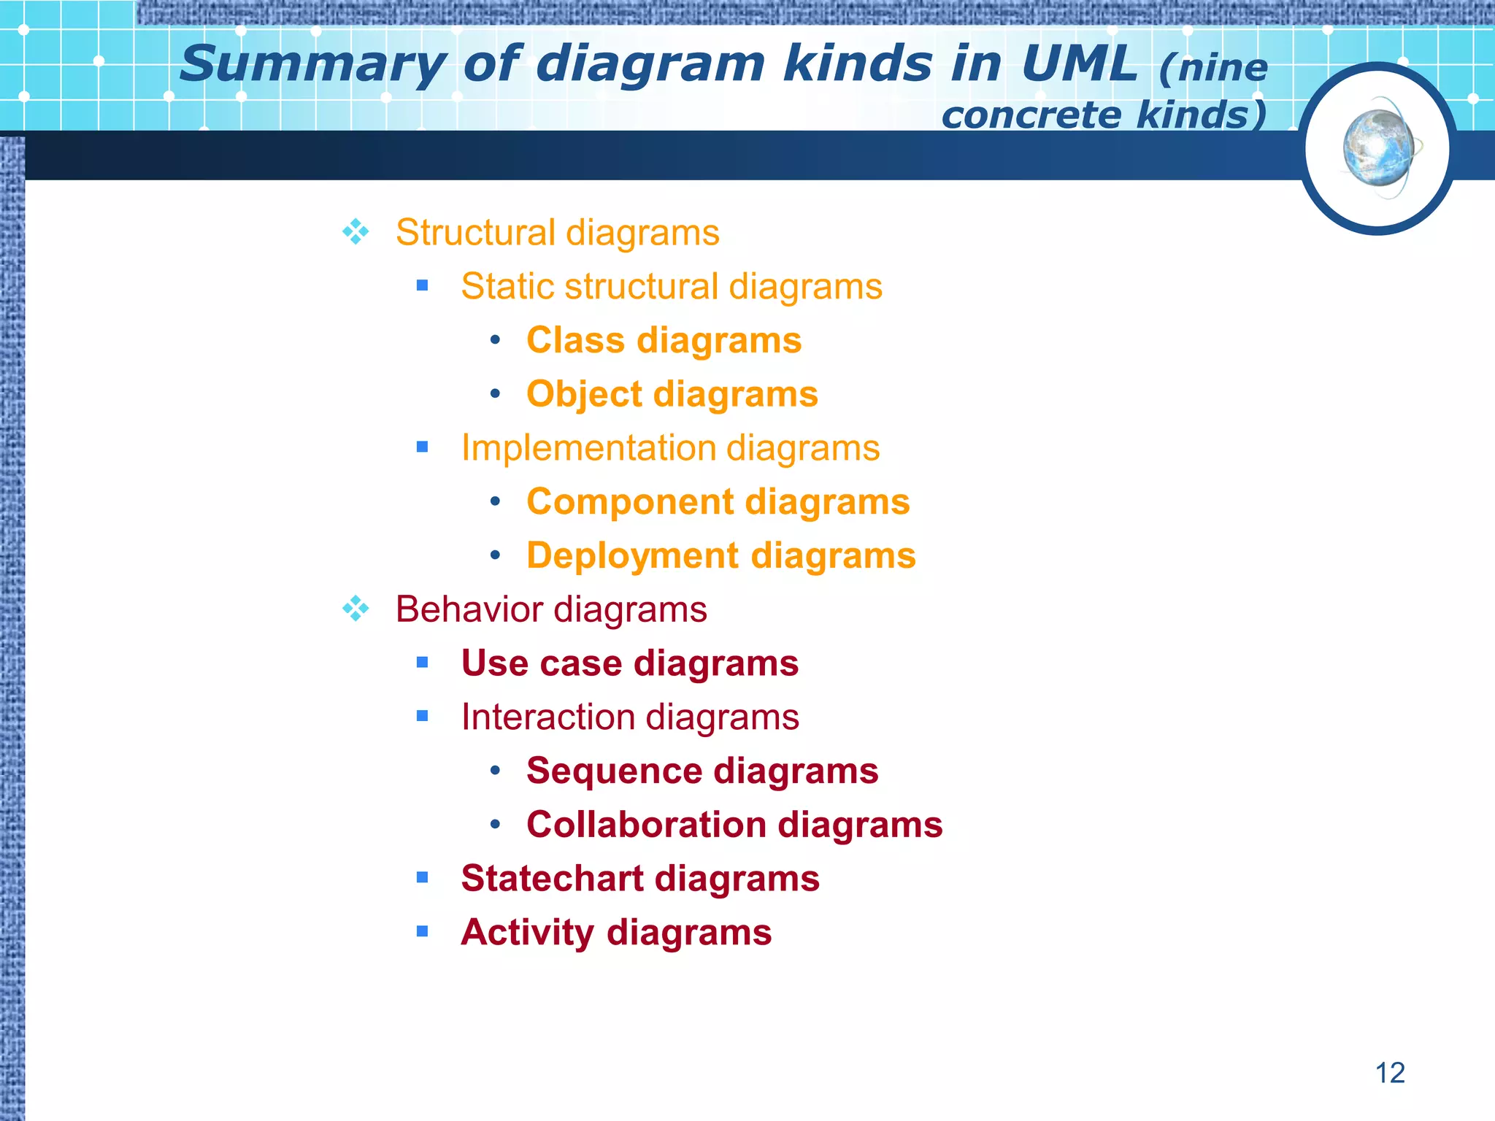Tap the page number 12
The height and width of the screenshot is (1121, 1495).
(1390, 1073)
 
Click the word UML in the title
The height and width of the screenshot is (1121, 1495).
(1079, 64)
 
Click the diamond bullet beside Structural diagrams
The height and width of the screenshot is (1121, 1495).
(356, 232)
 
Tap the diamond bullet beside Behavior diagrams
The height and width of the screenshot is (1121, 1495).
(356, 609)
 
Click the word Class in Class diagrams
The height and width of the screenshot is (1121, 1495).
(575, 340)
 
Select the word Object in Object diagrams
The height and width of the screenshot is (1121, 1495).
(584, 395)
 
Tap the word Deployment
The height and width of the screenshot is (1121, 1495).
(632, 556)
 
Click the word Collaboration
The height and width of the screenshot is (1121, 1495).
(646, 825)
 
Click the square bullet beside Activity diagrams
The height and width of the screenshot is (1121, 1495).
(422, 931)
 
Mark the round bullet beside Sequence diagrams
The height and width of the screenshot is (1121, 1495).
(496, 771)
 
